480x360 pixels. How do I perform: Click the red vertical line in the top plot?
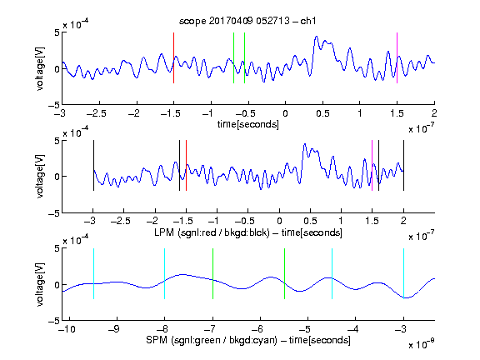(173, 57)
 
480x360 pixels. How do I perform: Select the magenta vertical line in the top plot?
(397, 57)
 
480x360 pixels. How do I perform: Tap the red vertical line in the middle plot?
(186, 165)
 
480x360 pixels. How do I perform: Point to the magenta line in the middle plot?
(372, 165)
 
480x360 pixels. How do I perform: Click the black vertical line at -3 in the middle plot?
(93, 165)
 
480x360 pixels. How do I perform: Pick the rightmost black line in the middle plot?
(403, 165)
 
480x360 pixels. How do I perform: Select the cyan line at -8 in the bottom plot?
(165, 273)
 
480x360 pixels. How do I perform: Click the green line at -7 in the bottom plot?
(212, 273)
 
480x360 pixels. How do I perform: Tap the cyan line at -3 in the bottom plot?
(403, 273)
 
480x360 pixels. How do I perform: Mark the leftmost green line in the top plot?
(233, 57)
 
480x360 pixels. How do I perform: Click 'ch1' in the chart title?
(308, 21)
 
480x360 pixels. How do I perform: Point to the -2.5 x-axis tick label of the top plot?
(97, 113)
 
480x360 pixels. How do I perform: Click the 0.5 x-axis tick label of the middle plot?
(310, 221)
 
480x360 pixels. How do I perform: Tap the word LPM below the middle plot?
(164, 232)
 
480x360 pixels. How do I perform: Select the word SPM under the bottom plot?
(156, 340)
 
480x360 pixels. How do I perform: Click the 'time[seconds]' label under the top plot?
(248, 124)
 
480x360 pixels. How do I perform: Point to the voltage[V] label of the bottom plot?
(40, 284)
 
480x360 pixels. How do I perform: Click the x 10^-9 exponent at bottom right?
(421, 343)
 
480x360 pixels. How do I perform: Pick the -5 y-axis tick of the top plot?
(54, 105)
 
